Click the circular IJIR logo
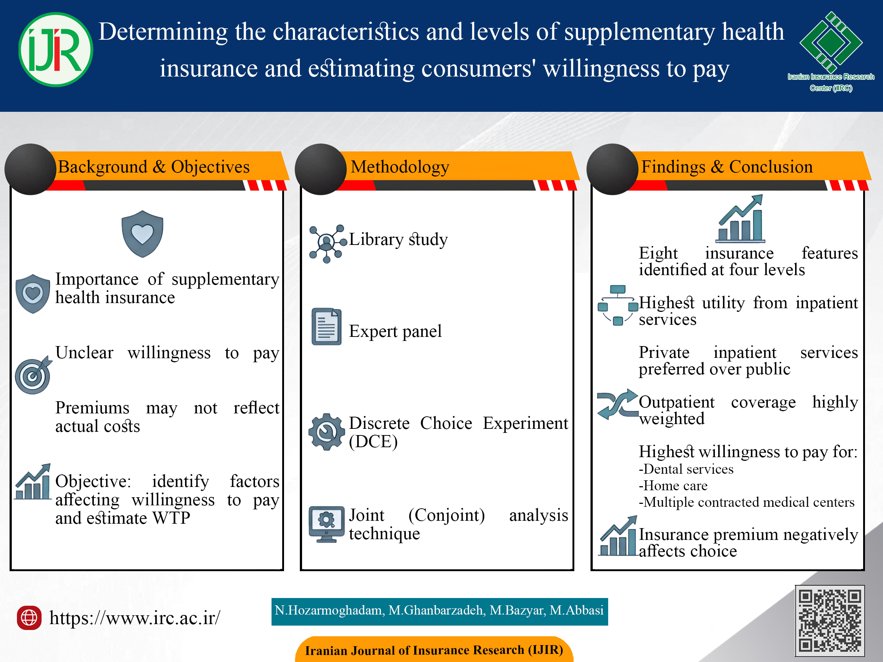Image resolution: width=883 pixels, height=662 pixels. tap(56, 50)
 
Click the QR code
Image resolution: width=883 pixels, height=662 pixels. tap(830, 620)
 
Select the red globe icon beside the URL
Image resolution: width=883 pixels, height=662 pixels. tap(29, 618)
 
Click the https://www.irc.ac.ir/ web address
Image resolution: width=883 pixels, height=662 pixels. tap(135, 618)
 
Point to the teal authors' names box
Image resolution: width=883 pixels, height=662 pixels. tap(440, 611)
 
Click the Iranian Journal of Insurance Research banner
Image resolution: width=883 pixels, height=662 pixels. tap(434, 649)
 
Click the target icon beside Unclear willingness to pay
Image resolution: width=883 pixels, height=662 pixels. tap(33, 375)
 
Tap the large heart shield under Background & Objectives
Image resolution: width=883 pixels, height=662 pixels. tap(142, 234)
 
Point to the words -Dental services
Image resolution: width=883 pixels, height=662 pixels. tap(686, 469)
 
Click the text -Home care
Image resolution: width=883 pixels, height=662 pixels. tap(673, 485)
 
